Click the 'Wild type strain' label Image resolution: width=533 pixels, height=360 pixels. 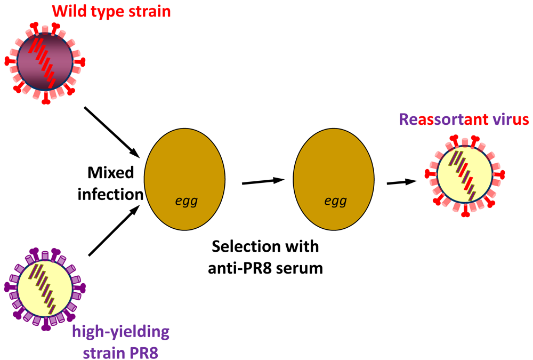click(111, 11)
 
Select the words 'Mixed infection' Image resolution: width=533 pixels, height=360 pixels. click(111, 183)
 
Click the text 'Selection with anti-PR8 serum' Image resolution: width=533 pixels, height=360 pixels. click(265, 257)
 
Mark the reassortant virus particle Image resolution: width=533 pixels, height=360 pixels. click(463, 177)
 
